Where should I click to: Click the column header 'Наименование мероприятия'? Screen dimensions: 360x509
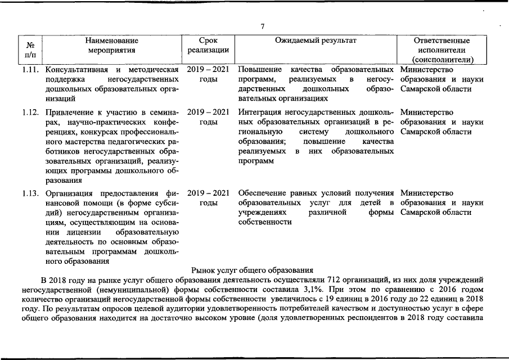pos(112,46)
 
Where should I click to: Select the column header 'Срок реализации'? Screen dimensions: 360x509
pos(208,46)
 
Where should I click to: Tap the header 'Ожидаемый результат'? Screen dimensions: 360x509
pos(316,40)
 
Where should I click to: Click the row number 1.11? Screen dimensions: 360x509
pos(31,70)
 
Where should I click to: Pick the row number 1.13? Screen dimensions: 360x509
pos(31,193)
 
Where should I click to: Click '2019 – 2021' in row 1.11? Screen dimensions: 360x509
pos(208,70)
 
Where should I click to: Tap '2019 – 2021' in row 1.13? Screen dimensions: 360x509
pos(208,193)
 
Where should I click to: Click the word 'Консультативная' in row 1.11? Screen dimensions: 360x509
pos(76,70)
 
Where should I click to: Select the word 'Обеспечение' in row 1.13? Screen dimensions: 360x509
pos(262,193)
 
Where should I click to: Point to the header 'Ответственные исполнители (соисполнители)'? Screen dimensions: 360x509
pos(442,50)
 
